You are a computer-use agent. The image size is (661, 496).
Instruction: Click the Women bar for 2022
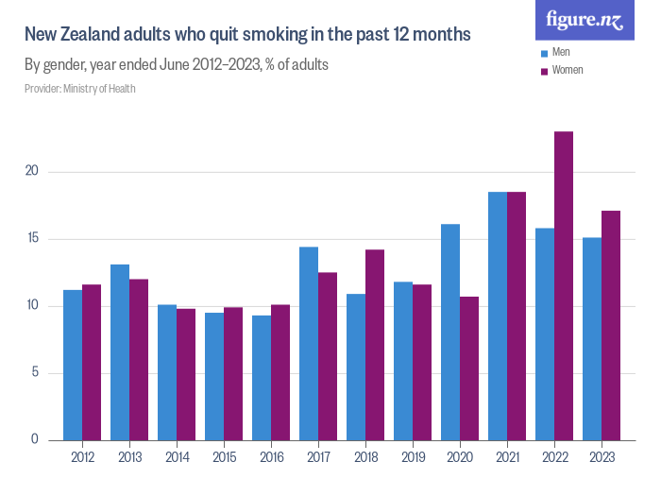pyautogui.click(x=564, y=285)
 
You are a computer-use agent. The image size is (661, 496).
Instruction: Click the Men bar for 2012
pyautogui.click(x=73, y=365)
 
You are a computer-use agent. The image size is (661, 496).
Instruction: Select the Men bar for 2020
pyautogui.click(x=450, y=332)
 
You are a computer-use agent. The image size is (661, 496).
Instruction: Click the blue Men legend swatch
pyautogui.click(x=544, y=52)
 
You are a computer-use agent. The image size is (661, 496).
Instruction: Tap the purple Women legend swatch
pyautogui.click(x=544, y=70)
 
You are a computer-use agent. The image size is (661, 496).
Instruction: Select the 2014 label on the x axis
pyautogui.click(x=177, y=457)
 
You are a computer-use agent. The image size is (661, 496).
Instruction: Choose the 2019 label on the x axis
pyautogui.click(x=413, y=457)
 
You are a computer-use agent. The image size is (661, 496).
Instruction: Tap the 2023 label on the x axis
pyautogui.click(x=602, y=457)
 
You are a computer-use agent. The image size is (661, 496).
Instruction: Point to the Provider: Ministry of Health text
pyautogui.click(x=80, y=89)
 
